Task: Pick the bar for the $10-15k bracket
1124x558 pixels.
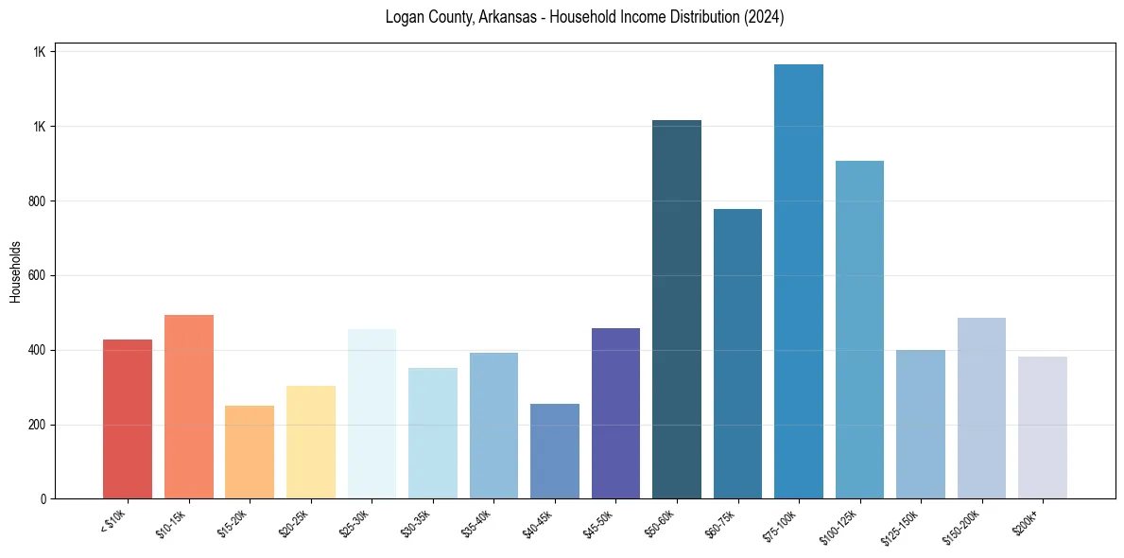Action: coord(188,407)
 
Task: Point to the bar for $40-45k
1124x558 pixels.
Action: coord(554,451)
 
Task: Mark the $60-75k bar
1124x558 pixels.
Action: coord(737,354)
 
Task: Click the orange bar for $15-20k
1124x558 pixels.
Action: coord(250,452)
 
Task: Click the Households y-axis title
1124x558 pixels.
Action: coord(15,271)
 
